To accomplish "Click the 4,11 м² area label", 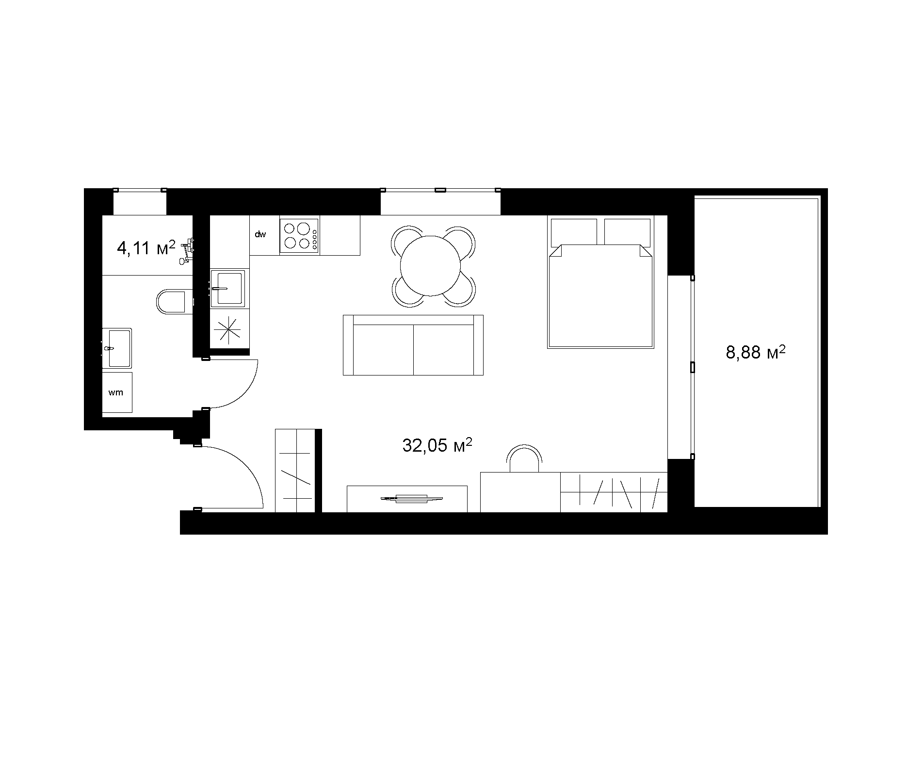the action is point(146,248).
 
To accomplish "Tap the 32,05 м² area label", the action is point(437,445).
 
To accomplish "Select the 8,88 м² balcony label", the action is point(755,352).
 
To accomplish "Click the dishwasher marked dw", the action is point(264,235).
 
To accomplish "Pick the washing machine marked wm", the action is point(117,392).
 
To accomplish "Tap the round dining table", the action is point(430,265).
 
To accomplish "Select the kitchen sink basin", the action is point(227,289).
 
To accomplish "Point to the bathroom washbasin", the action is point(117,348).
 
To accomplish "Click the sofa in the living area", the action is point(413,345).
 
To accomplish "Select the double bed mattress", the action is point(600,296).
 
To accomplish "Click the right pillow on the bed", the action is point(627,231).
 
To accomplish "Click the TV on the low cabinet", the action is point(411,498).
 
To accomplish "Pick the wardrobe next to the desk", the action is point(614,492).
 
